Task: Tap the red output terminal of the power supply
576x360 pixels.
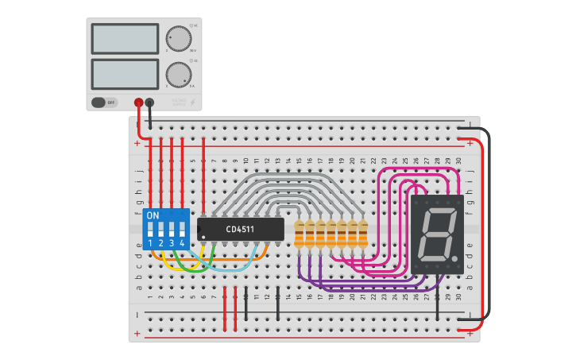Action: point(139,102)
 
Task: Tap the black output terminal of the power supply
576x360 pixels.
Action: point(149,102)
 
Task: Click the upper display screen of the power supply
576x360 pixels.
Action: point(125,38)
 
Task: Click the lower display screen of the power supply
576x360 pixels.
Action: point(125,74)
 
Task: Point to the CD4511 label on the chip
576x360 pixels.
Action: point(241,230)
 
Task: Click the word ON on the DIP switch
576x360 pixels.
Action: point(153,216)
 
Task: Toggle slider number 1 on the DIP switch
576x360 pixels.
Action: point(150,229)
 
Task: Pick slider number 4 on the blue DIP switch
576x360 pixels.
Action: point(182,229)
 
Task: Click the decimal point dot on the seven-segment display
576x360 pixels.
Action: point(454,258)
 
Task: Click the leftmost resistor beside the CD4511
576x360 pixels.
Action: point(300,234)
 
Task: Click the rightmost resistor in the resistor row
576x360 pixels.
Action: point(363,234)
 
